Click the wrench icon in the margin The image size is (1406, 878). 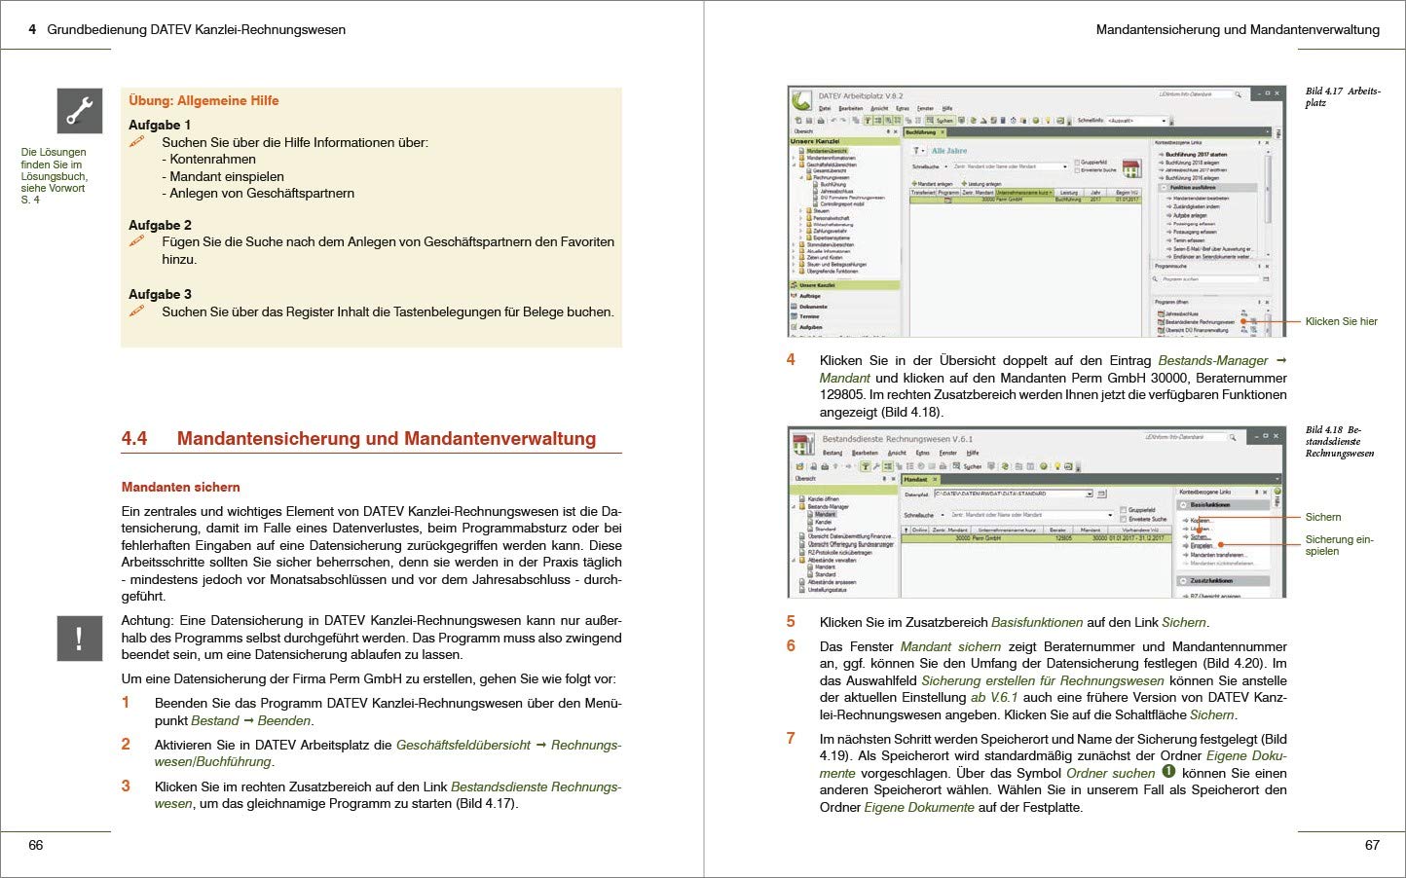click(x=79, y=110)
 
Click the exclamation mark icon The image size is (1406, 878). click(x=79, y=639)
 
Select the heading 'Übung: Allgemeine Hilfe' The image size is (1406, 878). click(x=203, y=100)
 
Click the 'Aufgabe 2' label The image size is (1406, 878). click(x=160, y=225)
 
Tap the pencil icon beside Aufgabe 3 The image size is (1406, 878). click(x=137, y=311)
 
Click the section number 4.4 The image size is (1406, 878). click(x=134, y=439)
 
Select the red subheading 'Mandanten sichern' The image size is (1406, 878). click(x=180, y=487)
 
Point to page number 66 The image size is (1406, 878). click(x=36, y=845)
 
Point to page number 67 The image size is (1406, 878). click(x=1372, y=845)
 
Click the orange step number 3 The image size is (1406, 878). click(x=126, y=786)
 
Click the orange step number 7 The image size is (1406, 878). click(x=791, y=738)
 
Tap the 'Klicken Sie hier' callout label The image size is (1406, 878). click(x=1341, y=321)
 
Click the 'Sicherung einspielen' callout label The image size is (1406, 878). click(x=1339, y=545)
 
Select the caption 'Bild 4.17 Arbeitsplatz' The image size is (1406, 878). click(x=1343, y=96)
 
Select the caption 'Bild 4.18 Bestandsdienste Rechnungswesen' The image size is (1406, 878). click(x=1340, y=441)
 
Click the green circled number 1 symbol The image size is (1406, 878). click(x=1168, y=772)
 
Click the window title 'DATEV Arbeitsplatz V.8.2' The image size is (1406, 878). click(x=861, y=96)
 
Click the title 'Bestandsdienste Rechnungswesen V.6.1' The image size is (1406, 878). click(x=897, y=439)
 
